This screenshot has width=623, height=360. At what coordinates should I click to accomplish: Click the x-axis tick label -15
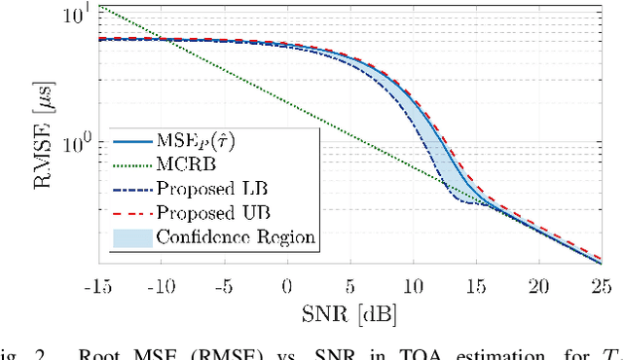coord(98,286)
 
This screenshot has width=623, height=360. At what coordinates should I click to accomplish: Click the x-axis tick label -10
coord(162,286)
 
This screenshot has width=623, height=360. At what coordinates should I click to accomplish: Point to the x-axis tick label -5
coord(224,286)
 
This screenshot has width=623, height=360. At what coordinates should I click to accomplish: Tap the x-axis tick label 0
coord(287,286)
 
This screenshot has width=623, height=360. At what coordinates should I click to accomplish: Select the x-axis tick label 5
coord(349,286)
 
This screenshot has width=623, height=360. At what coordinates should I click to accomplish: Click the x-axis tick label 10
coord(413,286)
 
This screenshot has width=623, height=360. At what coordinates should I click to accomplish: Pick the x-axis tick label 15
coord(475,286)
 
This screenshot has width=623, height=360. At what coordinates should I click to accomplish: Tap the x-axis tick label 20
coord(538,286)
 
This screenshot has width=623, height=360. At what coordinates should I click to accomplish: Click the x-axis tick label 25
coord(601,286)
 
